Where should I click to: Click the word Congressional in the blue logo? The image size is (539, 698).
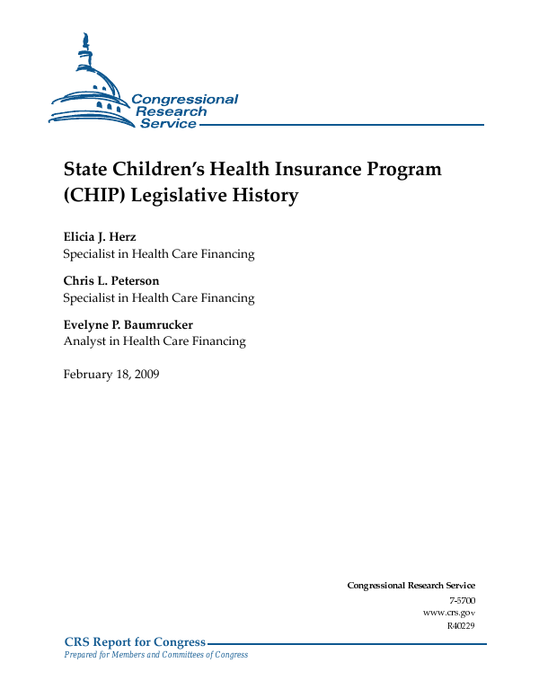(x=184, y=100)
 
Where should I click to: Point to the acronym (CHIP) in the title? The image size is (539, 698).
(x=97, y=195)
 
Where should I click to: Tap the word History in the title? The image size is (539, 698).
(x=267, y=195)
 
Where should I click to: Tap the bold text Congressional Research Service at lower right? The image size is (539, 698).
(x=411, y=586)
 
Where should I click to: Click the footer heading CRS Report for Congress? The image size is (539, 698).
(x=135, y=641)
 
